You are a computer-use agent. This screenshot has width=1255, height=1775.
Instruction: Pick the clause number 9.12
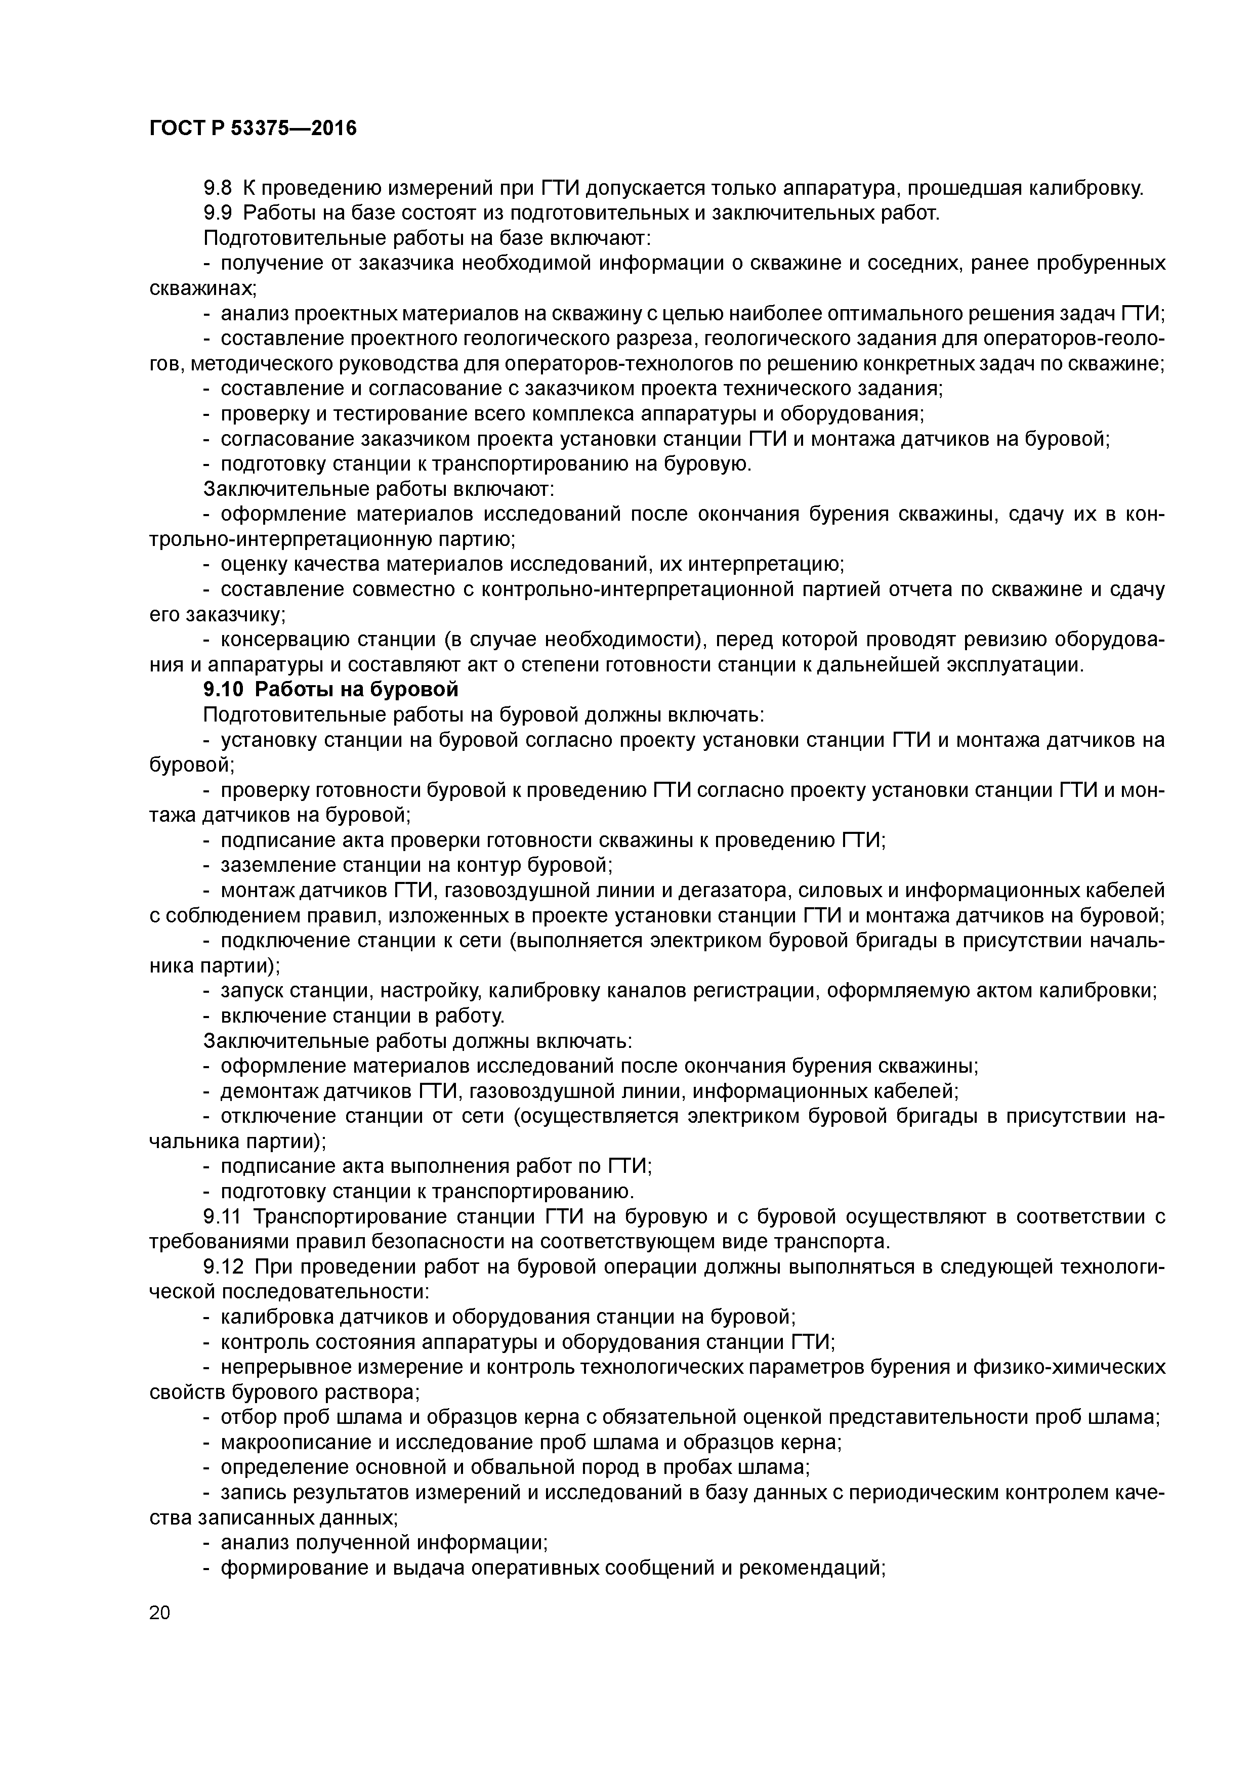[x=222, y=1266]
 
